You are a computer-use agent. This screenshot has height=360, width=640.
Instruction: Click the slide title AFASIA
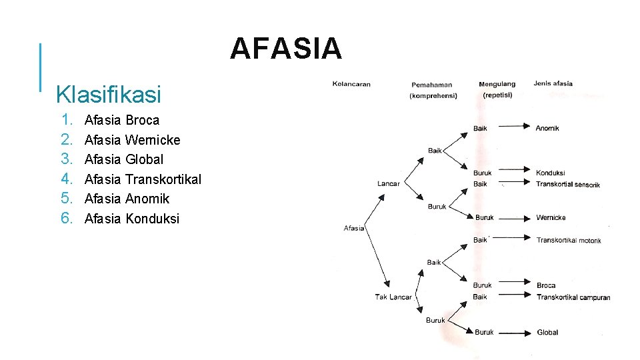tap(286, 49)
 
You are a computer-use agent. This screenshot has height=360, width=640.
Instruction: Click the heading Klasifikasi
tap(109, 95)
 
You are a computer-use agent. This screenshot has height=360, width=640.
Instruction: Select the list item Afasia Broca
tap(122, 120)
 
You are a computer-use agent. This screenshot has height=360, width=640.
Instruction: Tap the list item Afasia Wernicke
tap(132, 140)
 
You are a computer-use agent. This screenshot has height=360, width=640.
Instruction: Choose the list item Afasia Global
tap(123, 159)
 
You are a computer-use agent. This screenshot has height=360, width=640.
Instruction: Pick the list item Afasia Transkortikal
tap(143, 179)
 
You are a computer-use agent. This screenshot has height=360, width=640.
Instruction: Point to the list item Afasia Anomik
tap(127, 199)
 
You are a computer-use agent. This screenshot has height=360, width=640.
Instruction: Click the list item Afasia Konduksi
tap(132, 219)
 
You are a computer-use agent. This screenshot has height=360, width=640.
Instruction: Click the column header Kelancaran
tap(351, 84)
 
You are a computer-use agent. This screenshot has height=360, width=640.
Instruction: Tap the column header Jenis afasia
tap(553, 83)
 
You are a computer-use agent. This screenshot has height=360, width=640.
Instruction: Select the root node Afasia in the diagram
tap(354, 228)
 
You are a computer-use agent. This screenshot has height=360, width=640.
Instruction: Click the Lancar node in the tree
tap(389, 183)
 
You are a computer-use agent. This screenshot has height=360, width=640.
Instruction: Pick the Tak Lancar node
tap(393, 297)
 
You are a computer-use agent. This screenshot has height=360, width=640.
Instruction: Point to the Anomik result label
tap(547, 128)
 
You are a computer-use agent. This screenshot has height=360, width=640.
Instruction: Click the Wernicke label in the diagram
tap(551, 217)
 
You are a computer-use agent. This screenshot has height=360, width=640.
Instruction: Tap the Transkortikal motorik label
tap(569, 240)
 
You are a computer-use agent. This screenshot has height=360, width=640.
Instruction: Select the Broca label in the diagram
tap(546, 285)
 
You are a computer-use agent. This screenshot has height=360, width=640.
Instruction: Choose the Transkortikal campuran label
tap(573, 297)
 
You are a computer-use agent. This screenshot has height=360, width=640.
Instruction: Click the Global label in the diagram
tap(547, 332)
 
